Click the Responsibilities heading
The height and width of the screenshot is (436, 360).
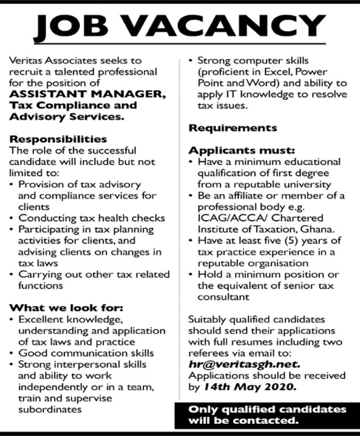click(58, 139)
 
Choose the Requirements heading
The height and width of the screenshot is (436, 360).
click(233, 128)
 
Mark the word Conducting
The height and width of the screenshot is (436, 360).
click(42, 218)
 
